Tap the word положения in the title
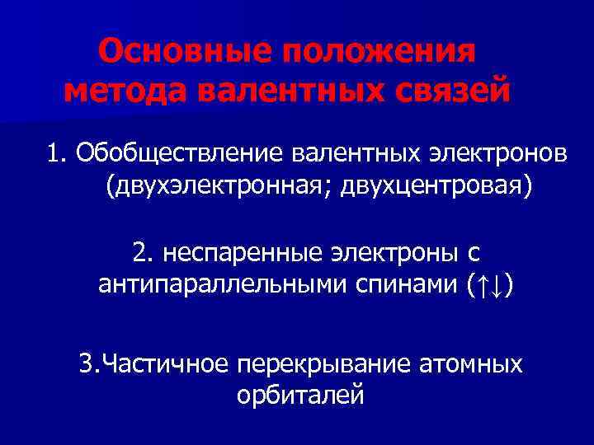[x=379, y=54]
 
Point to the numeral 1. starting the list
[x=57, y=152]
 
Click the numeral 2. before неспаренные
[x=142, y=250]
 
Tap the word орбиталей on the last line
[x=299, y=398]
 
